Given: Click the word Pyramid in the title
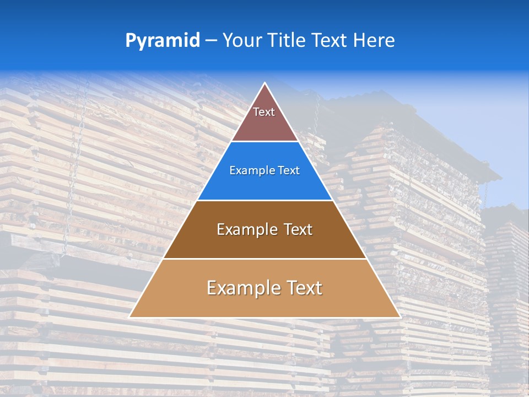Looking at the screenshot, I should click(x=162, y=41).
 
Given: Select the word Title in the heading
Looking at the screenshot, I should click(x=287, y=40).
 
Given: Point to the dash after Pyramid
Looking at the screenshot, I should click(x=211, y=41).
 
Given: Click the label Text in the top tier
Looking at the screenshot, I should click(x=264, y=112).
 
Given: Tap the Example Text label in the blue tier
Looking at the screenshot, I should click(x=264, y=170).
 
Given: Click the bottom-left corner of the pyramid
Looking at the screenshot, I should click(x=130, y=317).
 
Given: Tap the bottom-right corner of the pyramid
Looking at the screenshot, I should click(x=400, y=317).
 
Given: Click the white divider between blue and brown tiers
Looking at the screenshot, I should click(x=264, y=200).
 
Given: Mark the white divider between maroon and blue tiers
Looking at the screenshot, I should click(x=264, y=142).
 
